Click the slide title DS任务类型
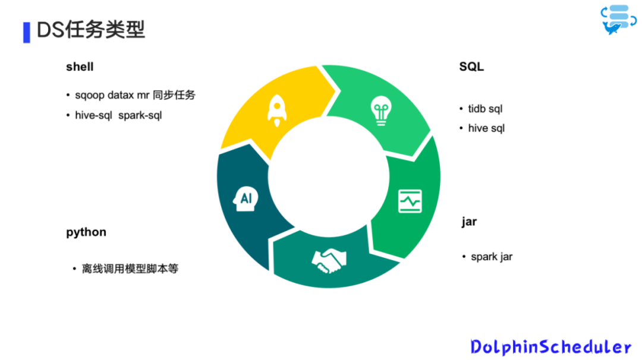(91, 30)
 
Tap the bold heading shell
(80, 67)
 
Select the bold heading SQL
(471, 67)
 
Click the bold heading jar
(469, 222)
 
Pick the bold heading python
(86, 232)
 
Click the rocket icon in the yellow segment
(276, 110)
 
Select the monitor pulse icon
(410, 201)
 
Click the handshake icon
(329, 261)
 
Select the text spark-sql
(140, 115)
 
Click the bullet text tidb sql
(485, 109)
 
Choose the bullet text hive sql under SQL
(486, 128)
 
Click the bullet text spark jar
(491, 257)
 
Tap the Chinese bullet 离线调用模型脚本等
(130, 269)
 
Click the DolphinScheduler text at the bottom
(550, 346)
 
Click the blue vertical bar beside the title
(26, 33)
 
